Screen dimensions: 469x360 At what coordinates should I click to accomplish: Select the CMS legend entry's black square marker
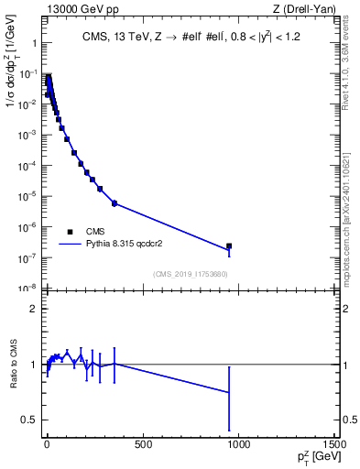tap(71, 232)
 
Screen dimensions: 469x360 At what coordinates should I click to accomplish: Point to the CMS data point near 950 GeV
tap(229, 245)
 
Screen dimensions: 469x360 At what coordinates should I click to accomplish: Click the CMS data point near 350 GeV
tap(114, 202)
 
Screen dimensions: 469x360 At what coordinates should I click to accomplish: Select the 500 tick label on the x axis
tap(142, 446)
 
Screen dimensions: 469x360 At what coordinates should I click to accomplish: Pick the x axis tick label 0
tap(46, 446)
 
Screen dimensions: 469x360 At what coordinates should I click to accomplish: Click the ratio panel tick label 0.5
tap(30, 420)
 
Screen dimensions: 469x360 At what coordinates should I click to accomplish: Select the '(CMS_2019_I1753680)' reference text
tap(191, 274)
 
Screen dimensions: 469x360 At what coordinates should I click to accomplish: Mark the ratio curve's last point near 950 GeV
tap(229, 392)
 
